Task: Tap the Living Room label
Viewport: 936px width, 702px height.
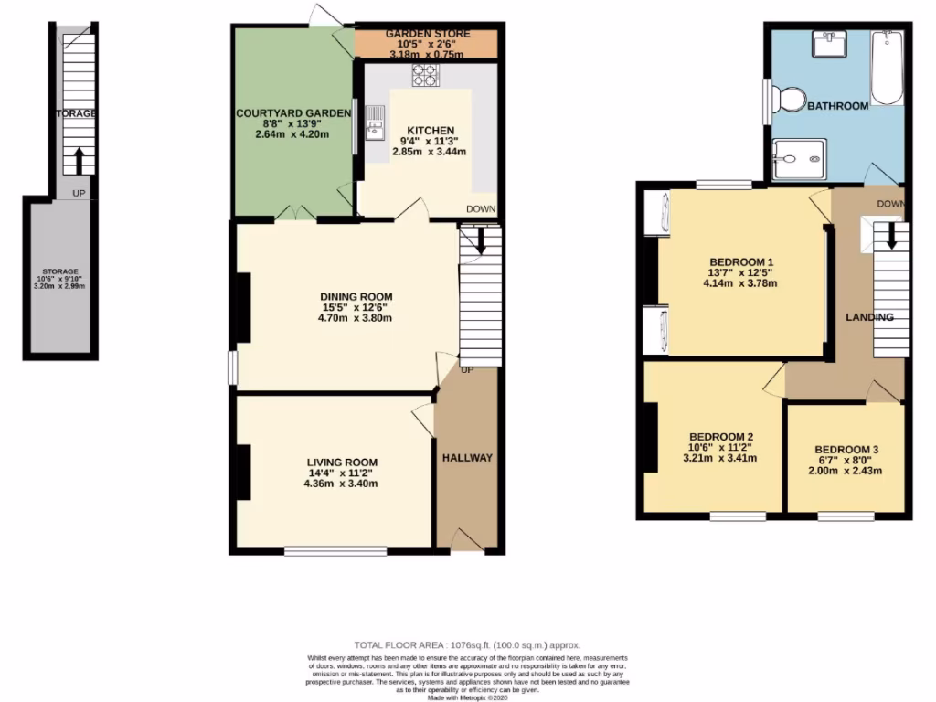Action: [x=342, y=463]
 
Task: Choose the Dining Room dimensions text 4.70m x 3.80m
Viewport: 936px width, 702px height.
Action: [x=355, y=319]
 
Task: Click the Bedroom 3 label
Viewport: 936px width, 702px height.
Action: [x=846, y=450]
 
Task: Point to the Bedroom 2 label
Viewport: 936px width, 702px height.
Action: [x=720, y=436]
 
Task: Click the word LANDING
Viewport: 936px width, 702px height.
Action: [x=869, y=317]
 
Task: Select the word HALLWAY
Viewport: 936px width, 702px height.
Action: [x=467, y=457]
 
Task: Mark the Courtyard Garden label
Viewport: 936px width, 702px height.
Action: [x=293, y=113]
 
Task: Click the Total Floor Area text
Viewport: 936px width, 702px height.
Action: [x=468, y=645]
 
